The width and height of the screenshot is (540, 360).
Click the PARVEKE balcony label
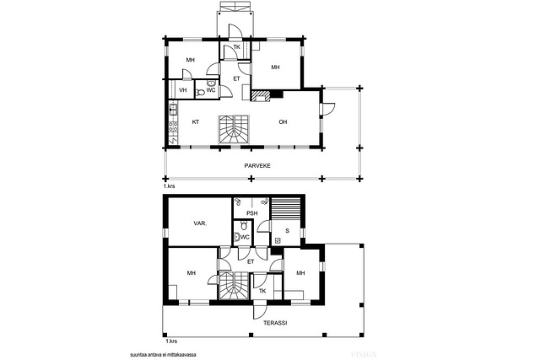coord(257,165)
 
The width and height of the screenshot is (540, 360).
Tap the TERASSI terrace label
coord(275,323)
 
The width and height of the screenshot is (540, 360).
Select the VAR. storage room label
coord(200,223)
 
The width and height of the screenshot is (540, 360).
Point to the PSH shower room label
coord(252,213)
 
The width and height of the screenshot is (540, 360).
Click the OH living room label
coord(283,122)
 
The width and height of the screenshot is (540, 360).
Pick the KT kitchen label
coord(196,122)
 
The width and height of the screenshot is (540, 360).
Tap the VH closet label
coord(183,90)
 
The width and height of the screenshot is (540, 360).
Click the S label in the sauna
coord(287,231)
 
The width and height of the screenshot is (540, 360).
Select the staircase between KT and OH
coord(234,129)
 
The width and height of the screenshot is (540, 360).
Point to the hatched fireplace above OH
coord(261,96)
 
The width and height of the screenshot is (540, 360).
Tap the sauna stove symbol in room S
coord(278,240)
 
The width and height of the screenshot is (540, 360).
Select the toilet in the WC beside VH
coord(200,93)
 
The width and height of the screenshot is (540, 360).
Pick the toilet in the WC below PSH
coord(244,226)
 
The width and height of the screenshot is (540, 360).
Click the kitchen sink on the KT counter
coord(173,110)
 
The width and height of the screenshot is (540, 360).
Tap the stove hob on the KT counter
coord(173,126)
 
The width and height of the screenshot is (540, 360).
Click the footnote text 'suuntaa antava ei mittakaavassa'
coord(163,354)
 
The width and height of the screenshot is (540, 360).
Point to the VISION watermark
coord(364,354)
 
